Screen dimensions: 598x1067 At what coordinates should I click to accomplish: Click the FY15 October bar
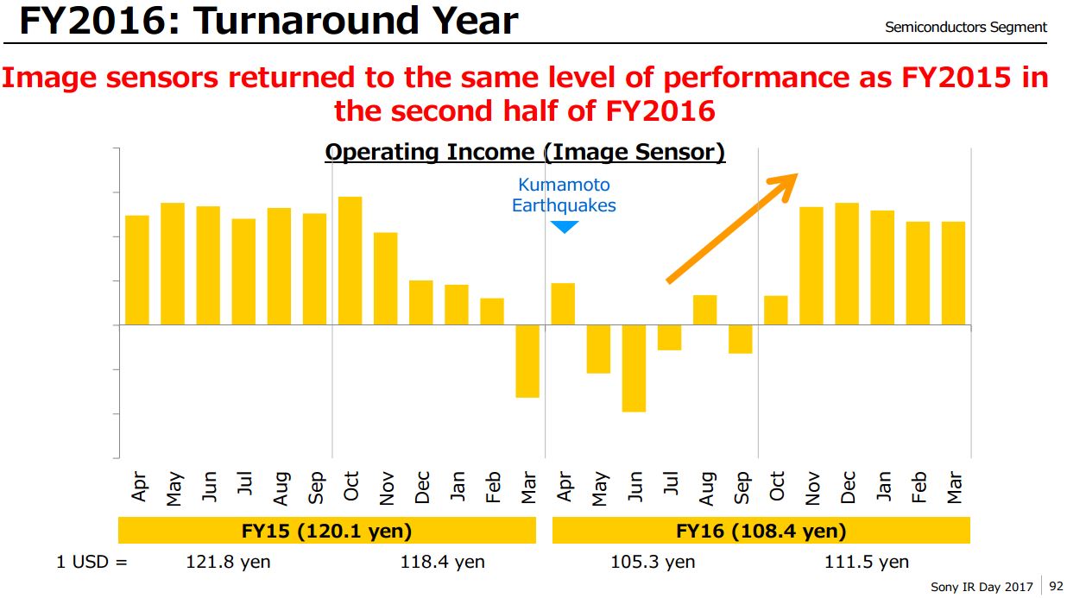tap(350, 261)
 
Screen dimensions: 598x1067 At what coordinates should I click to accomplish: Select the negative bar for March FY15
tap(527, 361)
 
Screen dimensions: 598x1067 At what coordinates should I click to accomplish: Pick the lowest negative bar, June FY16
tap(634, 368)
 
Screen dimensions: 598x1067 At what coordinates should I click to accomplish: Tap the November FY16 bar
tap(811, 266)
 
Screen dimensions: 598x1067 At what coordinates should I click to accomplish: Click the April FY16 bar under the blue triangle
tap(563, 304)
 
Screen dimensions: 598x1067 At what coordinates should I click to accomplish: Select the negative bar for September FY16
tap(740, 339)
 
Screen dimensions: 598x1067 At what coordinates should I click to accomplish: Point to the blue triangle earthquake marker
tap(564, 227)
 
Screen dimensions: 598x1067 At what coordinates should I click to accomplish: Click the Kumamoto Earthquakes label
tap(564, 195)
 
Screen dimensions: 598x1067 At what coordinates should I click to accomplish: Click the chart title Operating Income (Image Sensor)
tap(525, 153)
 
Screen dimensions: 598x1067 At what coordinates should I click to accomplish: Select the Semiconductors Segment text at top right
tap(965, 28)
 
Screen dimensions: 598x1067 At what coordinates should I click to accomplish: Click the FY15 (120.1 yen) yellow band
tap(327, 530)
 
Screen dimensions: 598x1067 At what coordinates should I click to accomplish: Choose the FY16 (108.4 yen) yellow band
tap(761, 530)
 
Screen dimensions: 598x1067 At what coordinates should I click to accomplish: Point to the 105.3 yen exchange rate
tap(653, 562)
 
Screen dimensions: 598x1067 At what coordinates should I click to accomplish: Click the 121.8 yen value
tap(228, 562)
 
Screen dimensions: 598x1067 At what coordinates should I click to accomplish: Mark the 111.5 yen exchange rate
tap(867, 562)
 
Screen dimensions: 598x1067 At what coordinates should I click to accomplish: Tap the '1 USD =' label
tap(92, 562)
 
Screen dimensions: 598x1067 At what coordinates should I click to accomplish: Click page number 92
tap(1056, 587)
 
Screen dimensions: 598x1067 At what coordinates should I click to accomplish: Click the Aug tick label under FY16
tap(706, 488)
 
